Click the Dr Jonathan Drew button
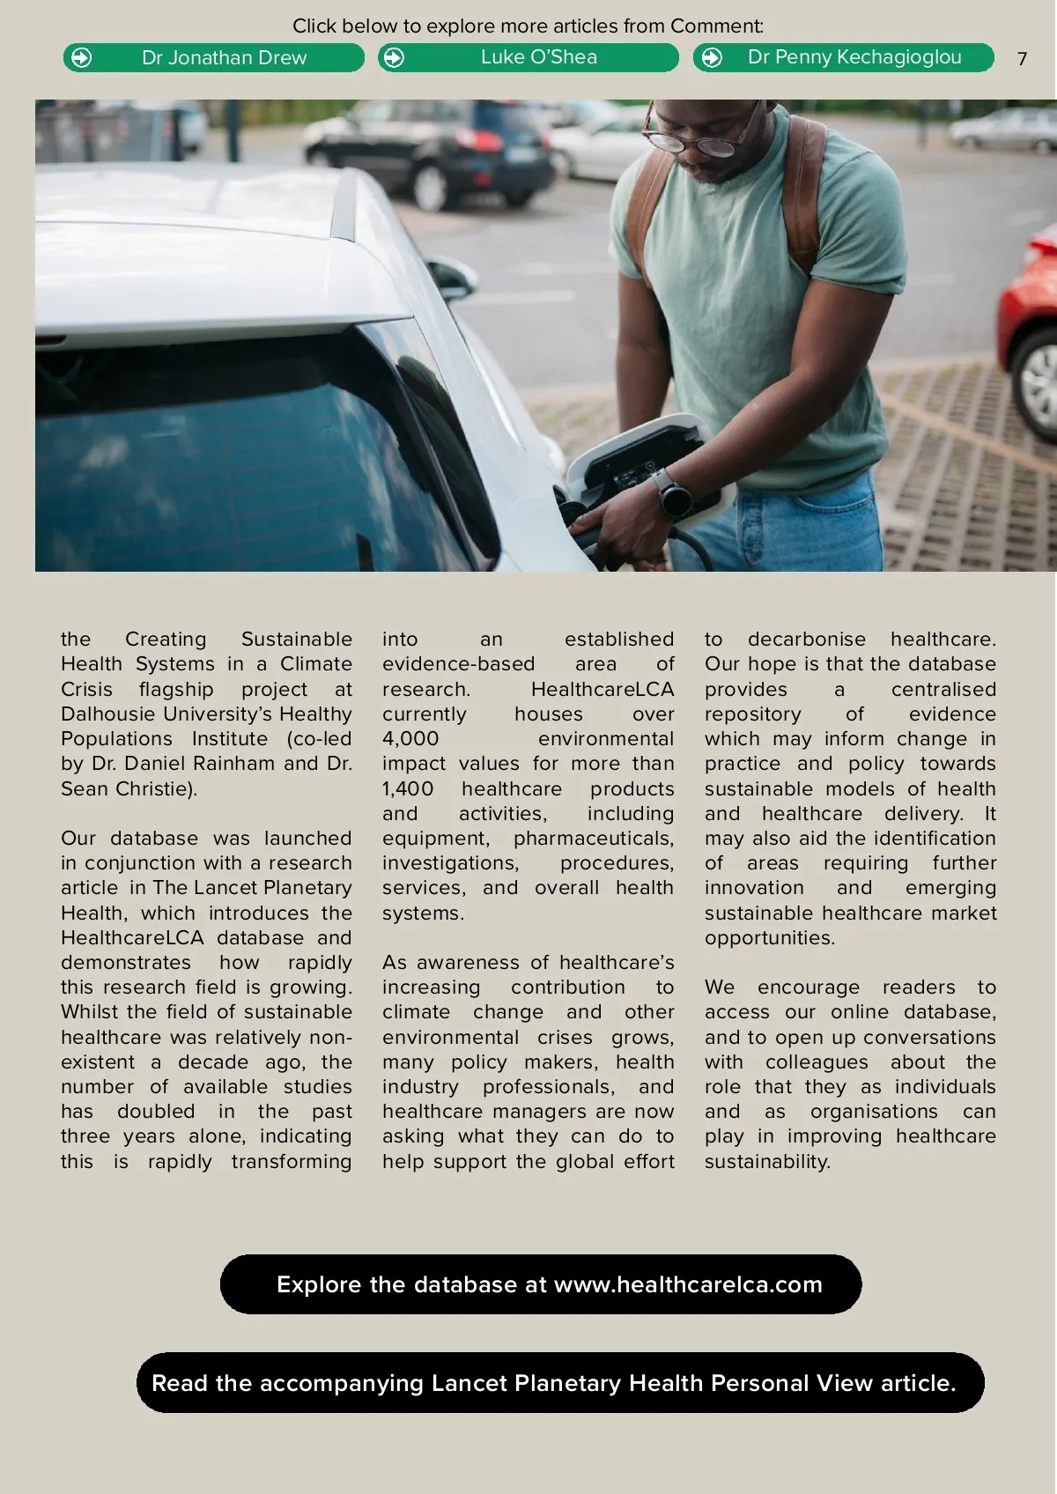[214, 58]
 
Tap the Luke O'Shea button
[528, 58]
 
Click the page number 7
[1022, 59]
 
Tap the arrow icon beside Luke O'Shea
[395, 58]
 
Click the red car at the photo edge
[1031, 326]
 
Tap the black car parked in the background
[432, 150]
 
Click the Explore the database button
[541, 1284]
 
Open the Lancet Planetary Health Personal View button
[560, 1383]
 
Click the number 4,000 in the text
[410, 738]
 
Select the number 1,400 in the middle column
[408, 788]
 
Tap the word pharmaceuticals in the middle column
[593, 838]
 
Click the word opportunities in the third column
[769, 937]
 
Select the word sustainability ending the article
[766, 1161]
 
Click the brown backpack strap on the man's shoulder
[806, 194]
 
